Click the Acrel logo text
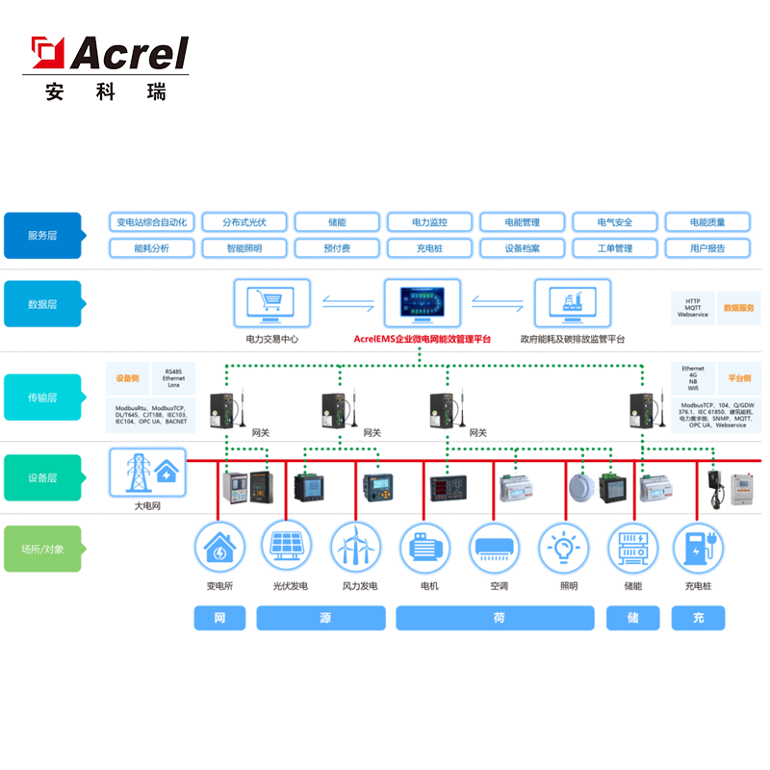[x=129, y=54]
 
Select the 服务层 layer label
[x=42, y=235]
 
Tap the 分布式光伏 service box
[x=244, y=222]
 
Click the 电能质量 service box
[x=706, y=222]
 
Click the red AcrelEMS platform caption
[x=423, y=340]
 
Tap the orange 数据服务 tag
[x=739, y=308]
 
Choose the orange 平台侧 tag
[x=739, y=378]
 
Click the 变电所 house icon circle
[x=219, y=548]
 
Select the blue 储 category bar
[x=632, y=618]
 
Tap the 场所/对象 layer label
[x=42, y=550]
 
